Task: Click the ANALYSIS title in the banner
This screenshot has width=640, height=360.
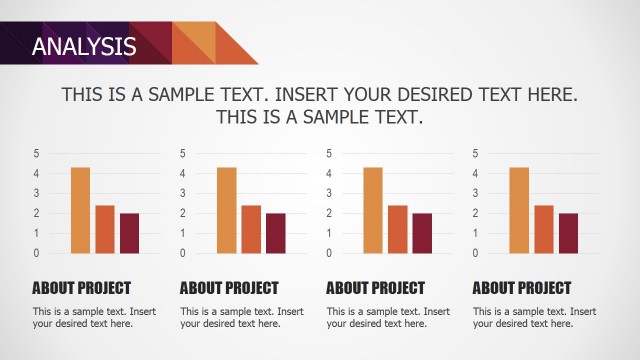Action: [x=83, y=45]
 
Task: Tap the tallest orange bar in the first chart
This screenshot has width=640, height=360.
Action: [x=81, y=210]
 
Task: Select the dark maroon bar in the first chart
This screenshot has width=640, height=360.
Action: [x=129, y=233]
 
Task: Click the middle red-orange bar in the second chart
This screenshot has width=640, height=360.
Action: [x=251, y=229]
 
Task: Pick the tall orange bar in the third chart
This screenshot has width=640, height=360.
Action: [x=373, y=210]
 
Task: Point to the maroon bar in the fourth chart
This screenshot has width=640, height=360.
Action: [x=568, y=233]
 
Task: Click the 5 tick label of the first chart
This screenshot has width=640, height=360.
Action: [x=36, y=153]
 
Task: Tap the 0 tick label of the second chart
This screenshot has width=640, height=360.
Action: [x=182, y=253]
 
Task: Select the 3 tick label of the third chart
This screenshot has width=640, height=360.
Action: [x=329, y=193]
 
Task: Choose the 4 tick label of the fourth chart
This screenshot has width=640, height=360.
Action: [x=475, y=173]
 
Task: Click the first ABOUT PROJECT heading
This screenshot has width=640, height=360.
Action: [x=81, y=288]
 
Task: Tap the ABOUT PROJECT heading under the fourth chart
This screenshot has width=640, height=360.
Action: [x=522, y=288]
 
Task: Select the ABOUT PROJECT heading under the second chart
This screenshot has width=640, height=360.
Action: [x=229, y=288]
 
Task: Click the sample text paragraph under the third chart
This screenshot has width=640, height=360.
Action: [x=388, y=317]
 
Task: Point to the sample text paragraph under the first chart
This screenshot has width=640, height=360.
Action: [x=94, y=317]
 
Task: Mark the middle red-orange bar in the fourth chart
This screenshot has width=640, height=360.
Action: [x=544, y=229]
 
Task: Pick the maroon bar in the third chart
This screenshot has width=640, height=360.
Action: [x=422, y=233]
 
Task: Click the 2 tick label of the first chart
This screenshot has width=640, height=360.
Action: [x=36, y=213]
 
